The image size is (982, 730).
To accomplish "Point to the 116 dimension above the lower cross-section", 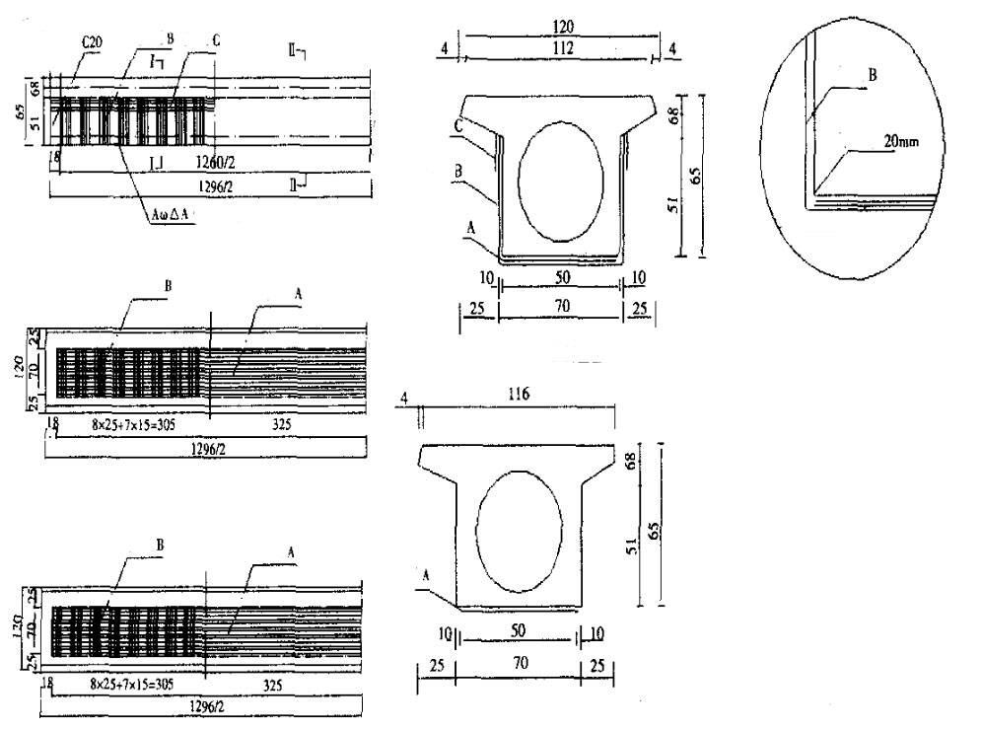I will point(520,395).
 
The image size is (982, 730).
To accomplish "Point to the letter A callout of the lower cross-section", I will point(425,573).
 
